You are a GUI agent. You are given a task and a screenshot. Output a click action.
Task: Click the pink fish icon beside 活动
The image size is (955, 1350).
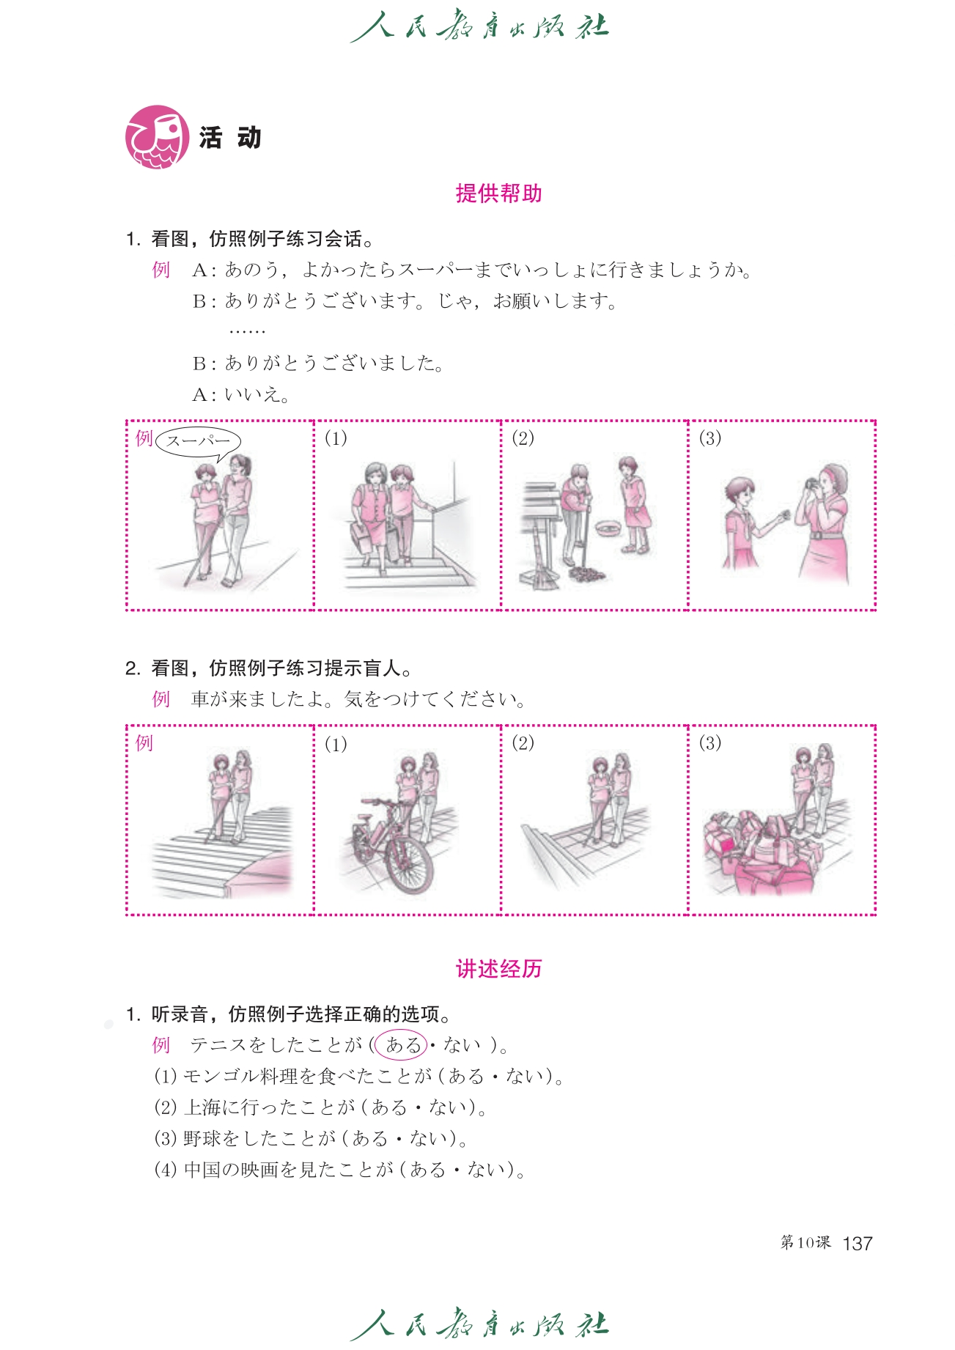pyautogui.click(x=157, y=137)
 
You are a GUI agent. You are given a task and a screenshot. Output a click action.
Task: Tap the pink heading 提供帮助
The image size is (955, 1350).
pyautogui.click(x=498, y=193)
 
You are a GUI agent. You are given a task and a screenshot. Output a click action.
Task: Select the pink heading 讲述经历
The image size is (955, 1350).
pyautogui.click(x=498, y=969)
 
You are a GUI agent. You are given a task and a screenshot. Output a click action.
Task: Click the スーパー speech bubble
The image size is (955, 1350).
pyautogui.click(x=198, y=441)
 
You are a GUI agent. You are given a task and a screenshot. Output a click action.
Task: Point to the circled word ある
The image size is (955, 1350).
pyautogui.click(x=401, y=1044)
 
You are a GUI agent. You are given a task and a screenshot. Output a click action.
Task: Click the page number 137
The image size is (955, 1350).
pyautogui.click(x=858, y=1243)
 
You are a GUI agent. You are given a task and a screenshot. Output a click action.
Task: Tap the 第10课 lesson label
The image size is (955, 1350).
pyautogui.click(x=805, y=1242)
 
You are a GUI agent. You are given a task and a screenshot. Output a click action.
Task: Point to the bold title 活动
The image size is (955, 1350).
pyautogui.click(x=230, y=137)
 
